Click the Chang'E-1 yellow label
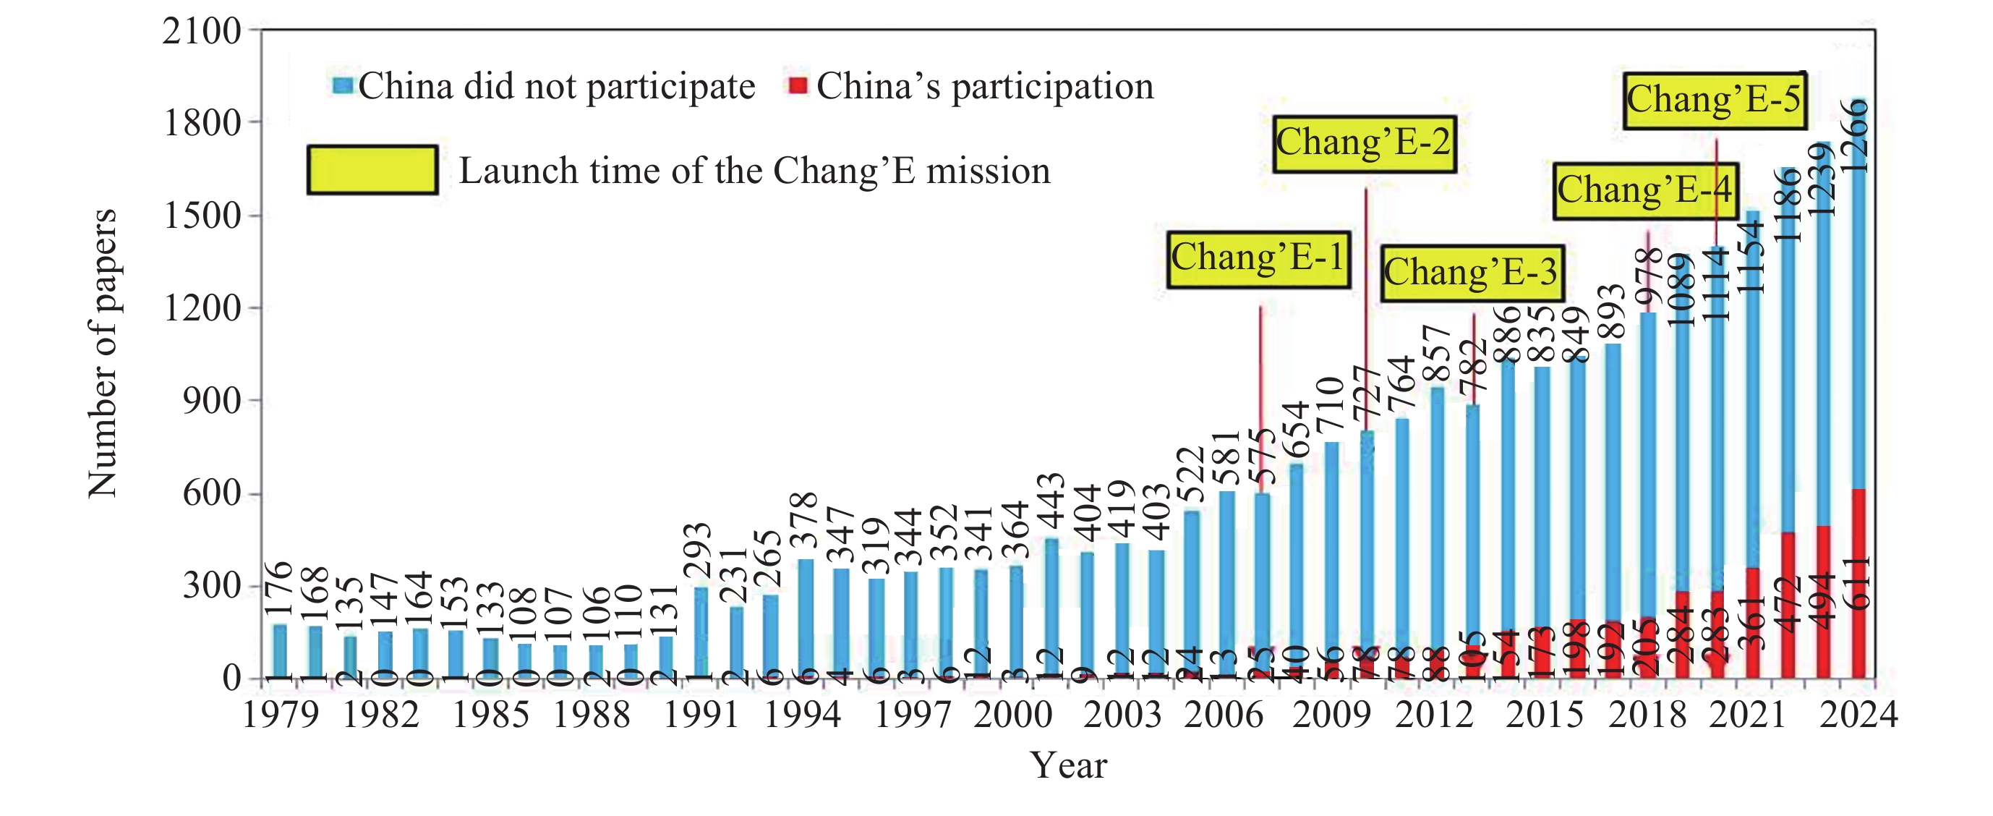1259,260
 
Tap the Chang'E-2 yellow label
1364,144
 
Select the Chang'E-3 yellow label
1472,273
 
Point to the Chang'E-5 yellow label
1714,101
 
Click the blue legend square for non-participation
343,85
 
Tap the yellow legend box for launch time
372,169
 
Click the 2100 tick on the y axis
201,32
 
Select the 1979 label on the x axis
280,714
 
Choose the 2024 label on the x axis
1858,714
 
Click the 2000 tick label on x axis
1012,714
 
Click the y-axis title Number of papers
102,353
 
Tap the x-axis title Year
1067,765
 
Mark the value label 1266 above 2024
1856,136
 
